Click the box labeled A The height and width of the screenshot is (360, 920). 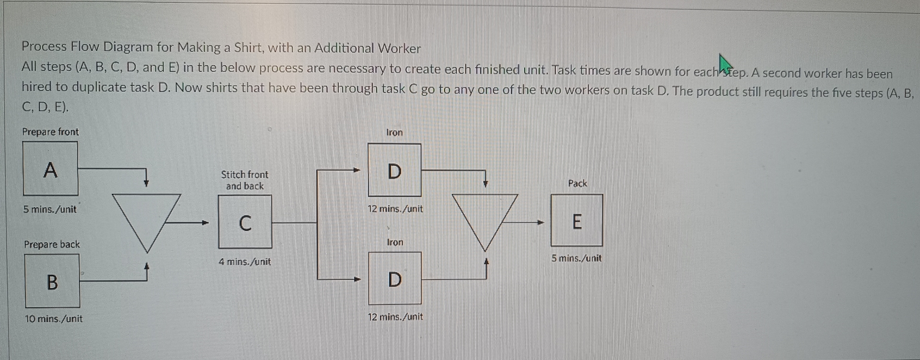click(50, 169)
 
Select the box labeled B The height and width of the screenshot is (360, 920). click(52, 281)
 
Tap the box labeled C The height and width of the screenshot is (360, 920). click(245, 222)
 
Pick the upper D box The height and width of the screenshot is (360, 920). click(394, 170)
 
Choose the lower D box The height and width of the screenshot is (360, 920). click(394, 279)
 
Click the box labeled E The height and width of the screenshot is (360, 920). click(576, 221)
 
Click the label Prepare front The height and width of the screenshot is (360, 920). click(50, 132)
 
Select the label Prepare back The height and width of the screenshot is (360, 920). click(52, 244)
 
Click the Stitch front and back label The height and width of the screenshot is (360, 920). click(245, 180)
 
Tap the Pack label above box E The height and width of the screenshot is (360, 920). click(577, 183)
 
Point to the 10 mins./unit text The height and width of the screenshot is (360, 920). click(54, 319)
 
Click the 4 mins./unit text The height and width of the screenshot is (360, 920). click(245, 262)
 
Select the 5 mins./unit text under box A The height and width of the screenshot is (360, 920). click(50, 209)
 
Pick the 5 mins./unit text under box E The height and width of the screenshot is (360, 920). click(576, 258)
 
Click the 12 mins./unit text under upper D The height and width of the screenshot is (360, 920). click(395, 209)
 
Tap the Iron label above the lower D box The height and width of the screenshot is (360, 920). click(395, 242)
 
